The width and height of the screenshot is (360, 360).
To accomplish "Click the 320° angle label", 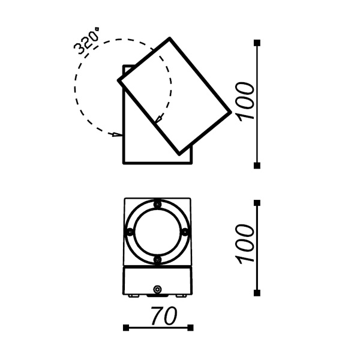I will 85,41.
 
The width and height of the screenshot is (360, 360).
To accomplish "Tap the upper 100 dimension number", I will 247,101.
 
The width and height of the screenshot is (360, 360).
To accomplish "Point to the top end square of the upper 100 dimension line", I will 257,42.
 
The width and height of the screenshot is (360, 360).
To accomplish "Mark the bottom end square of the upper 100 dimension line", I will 257,166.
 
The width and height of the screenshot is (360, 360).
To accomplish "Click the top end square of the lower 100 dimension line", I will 257,203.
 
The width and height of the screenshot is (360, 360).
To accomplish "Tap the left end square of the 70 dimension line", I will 125,328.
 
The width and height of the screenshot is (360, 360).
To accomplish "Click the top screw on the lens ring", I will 158,205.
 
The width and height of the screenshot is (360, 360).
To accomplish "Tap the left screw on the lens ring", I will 130,232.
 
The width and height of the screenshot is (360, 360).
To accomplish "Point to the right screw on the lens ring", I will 185,232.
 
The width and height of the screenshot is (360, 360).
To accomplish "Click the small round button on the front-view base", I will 158,290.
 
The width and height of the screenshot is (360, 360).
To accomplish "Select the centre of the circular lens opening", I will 158,232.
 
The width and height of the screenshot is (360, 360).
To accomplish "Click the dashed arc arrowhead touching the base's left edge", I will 119,135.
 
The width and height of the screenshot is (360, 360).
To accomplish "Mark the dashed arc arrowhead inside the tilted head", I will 157,121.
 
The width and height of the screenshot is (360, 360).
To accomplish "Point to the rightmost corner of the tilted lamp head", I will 231,112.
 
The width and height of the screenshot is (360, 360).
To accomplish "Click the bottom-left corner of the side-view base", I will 123,163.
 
